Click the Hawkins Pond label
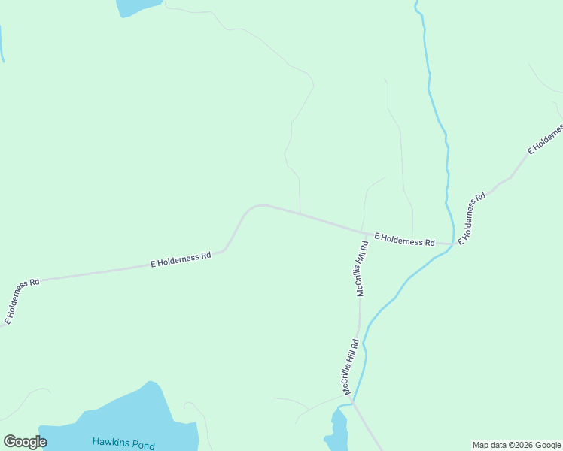tap(123, 443)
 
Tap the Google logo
tap(25, 442)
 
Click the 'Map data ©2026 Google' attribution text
tap(517, 445)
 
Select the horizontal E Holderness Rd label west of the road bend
tap(181, 260)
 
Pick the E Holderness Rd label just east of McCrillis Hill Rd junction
tap(404, 240)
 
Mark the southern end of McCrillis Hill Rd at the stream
tap(352, 404)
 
